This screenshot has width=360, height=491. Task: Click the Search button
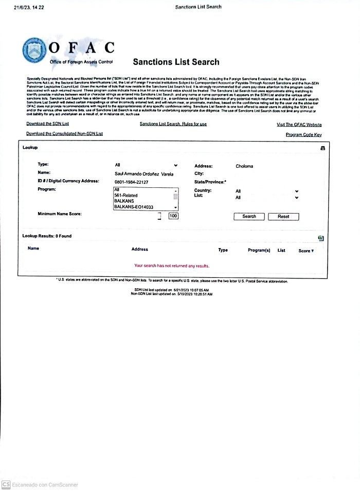(249, 216)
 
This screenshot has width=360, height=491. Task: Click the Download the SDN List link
(47, 124)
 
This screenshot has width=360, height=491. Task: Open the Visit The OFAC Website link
(299, 125)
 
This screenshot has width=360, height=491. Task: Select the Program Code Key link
(303, 134)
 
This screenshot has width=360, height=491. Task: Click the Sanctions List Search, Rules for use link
(173, 124)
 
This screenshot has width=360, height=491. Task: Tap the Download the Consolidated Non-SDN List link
(64, 134)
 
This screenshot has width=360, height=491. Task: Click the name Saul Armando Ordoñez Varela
(144, 174)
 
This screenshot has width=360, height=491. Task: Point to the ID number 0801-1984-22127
(131, 182)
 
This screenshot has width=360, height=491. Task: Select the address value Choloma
(244, 166)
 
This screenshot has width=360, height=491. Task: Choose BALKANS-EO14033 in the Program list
(134, 207)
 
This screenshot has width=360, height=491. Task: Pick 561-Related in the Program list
(125, 196)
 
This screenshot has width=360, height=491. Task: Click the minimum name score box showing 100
(173, 216)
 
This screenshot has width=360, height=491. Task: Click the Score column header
(305, 251)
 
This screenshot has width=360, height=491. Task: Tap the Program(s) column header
(259, 250)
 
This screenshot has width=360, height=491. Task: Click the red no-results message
(172, 266)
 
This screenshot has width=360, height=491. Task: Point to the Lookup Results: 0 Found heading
(47, 236)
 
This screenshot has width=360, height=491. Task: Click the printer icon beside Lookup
(323, 148)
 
